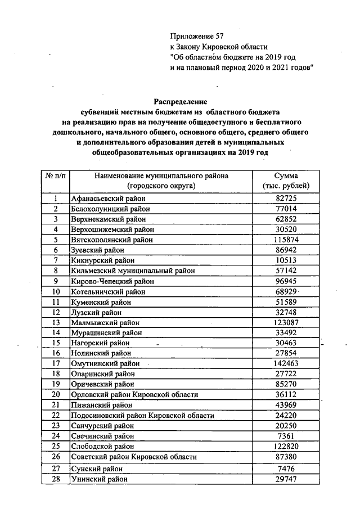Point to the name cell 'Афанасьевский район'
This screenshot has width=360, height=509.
pos(107,199)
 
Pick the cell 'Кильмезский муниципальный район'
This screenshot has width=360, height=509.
pos(132,270)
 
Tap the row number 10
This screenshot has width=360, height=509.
pos(55,292)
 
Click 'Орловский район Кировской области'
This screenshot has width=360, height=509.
pos(134,395)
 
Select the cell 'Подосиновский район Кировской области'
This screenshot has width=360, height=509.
pos(142,416)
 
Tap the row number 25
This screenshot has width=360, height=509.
pos(55,446)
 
